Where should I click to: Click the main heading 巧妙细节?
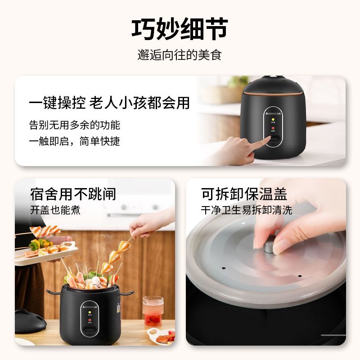click(x=180, y=29)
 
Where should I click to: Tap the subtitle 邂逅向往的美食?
click(x=180, y=55)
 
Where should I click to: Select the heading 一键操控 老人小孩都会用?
click(x=109, y=103)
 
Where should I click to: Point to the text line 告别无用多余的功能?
click(x=75, y=125)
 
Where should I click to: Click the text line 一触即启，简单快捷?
click(x=74, y=141)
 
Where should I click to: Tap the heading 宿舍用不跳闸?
click(x=73, y=194)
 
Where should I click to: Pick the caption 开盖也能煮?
click(x=55, y=210)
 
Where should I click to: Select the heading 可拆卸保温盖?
click(x=244, y=194)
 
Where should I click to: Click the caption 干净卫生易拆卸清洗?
click(x=246, y=210)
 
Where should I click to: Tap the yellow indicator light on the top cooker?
click(x=273, y=120)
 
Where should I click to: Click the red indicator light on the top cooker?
click(x=273, y=128)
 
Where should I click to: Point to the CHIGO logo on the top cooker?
click(x=273, y=113)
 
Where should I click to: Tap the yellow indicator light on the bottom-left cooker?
click(x=90, y=313)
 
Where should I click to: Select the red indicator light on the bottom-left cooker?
click(x=90, y=320)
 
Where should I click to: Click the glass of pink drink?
click(x=153, y=311)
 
